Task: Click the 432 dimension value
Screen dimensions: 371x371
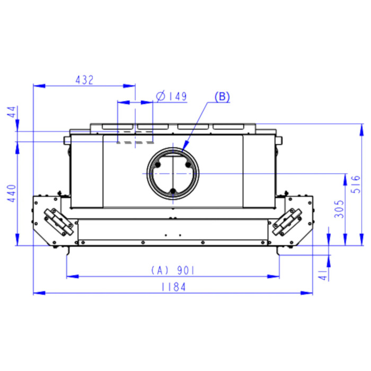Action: pos(84,80)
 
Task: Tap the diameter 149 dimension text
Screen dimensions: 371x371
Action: pos(171,96)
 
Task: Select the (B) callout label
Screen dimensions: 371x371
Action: pos(222,96)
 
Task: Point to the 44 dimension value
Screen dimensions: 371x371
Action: pos(12,112)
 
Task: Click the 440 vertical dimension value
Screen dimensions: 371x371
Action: pos(12,193)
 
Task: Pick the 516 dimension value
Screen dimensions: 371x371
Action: pos(356,184)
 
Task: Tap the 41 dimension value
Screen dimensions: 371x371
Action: pos(323,275)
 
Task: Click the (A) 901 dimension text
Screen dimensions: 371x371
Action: pos(173,270)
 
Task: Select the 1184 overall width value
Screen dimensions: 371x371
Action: pos(173,287)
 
